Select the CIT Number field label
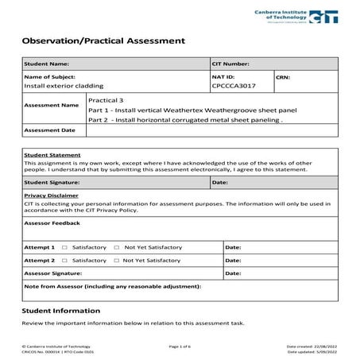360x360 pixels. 231,64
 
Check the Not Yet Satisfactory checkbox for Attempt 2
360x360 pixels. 117,260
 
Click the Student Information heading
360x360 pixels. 60,311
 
